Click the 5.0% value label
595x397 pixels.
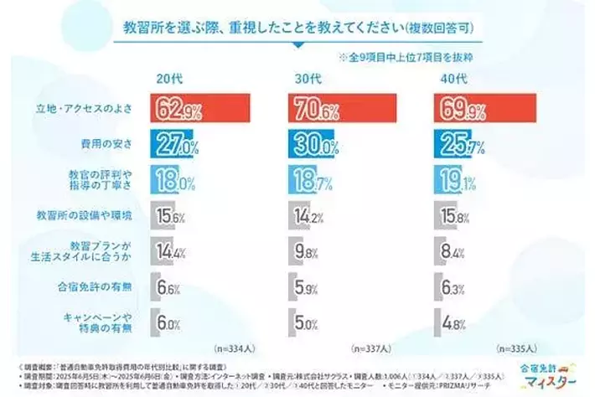[307, 322]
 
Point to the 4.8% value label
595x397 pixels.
[452, 322]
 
